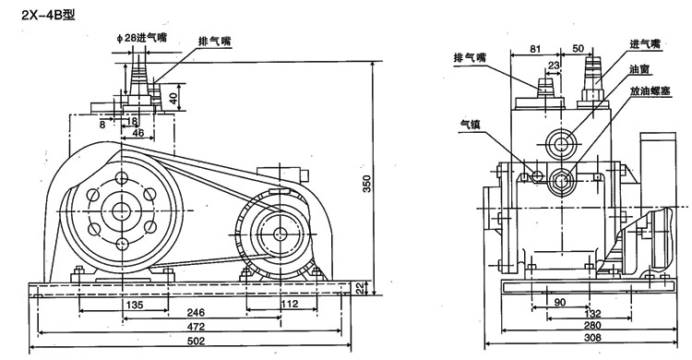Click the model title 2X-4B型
click(49, 15)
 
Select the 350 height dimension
click(367, 184)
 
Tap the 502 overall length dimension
click(196, 341)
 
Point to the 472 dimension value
click(196, 327)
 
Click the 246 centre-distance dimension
click(196, 312)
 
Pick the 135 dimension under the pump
click(135, 305)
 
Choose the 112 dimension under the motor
click(289, 304)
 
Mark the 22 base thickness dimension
click(360, 288)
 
